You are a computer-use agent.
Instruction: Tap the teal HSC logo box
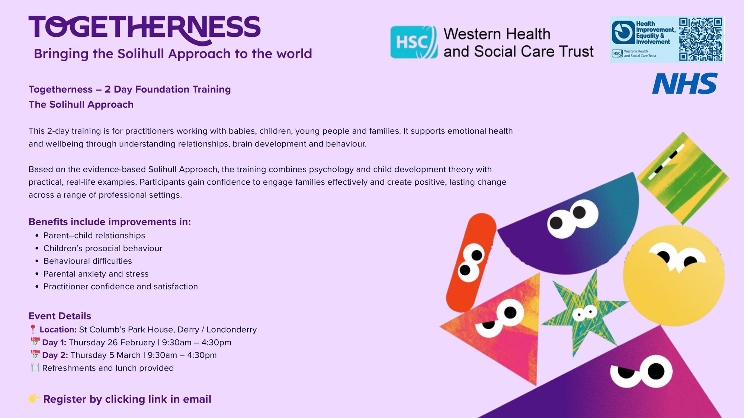coord(414,42)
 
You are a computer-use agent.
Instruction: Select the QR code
coord(700,39)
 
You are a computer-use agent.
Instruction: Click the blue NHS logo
coord(684,84)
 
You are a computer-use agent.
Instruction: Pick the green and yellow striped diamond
coord(683,178)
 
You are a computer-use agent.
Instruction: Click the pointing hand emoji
coord(34,399)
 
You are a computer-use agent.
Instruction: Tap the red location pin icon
coord(33,329)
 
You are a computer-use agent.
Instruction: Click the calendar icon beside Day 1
coord(35,342)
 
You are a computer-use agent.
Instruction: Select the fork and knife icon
coord(35,368)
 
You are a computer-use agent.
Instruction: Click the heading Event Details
coord(60,316)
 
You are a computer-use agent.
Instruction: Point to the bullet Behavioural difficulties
coord(88,261)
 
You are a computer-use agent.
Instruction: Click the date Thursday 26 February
coord(112,342)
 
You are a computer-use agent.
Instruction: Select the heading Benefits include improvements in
coord(110,222)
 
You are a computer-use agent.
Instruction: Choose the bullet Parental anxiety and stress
coord(96,274)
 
